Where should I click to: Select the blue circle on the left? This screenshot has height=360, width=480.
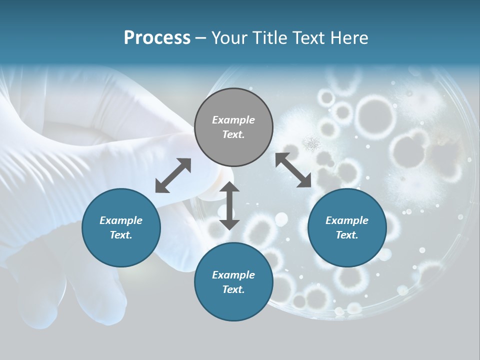click(121, 227)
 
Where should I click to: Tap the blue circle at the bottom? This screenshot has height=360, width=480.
click(233, 282)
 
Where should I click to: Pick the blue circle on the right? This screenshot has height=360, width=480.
click(347, 227)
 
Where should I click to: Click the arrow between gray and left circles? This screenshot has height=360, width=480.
click(173, 175)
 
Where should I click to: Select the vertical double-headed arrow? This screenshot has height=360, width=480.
click(229, 205)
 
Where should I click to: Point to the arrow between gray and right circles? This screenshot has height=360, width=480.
click(293, 170)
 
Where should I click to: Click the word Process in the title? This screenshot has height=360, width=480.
click(157, 38)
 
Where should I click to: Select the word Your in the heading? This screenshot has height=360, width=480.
click(229, 38)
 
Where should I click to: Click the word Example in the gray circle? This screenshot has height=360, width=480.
click(233, 120)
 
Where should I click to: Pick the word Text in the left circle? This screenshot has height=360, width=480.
click(121, 235)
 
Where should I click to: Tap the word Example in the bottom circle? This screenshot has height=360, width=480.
click(233, 274)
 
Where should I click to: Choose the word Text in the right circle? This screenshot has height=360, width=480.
click(347, 235)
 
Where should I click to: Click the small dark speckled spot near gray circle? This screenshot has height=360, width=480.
click(312, 143)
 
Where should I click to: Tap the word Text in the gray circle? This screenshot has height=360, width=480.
click(233, 134)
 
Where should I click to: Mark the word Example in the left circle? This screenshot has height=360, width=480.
click(121, 220)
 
